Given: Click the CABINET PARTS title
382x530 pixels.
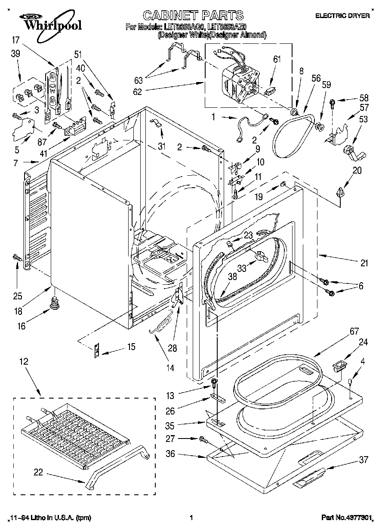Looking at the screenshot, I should (x=193, y=16).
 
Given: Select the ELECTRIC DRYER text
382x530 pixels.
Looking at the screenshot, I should (x=342, y=16).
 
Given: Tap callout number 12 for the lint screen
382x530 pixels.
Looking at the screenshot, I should (x=24, y=362).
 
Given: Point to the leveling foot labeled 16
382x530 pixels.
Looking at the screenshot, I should (x=54, y=303).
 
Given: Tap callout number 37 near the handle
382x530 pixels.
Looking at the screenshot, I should (x=364, y=460).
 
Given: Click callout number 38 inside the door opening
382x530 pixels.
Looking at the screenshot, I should (x=232, y=277).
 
